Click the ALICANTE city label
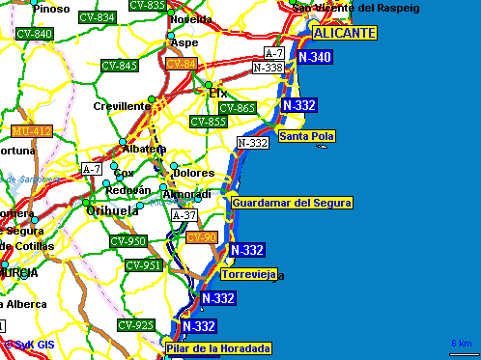pos(343,32)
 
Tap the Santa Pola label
pos(306,136)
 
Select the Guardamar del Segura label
pos(293,203)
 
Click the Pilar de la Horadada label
pos(217,348)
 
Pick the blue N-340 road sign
pos(315,58)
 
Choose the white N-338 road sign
pos(268,68)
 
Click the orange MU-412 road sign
pos(32,130)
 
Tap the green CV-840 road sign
pos(35,34)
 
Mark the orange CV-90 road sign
pos(202,237)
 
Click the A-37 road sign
pos(184,215)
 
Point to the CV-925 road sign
pos(136,324)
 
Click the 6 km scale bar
pos(461,349)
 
